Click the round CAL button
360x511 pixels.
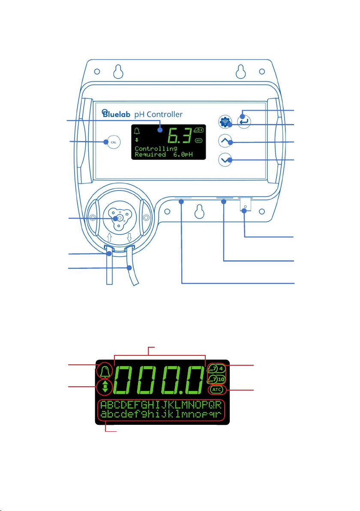point(111,142)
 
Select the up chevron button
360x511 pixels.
point(227,142)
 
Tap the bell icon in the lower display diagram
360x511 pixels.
point(105,370)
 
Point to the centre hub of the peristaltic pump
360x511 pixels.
point(120,218)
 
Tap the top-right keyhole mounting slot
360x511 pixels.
point(239,72)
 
